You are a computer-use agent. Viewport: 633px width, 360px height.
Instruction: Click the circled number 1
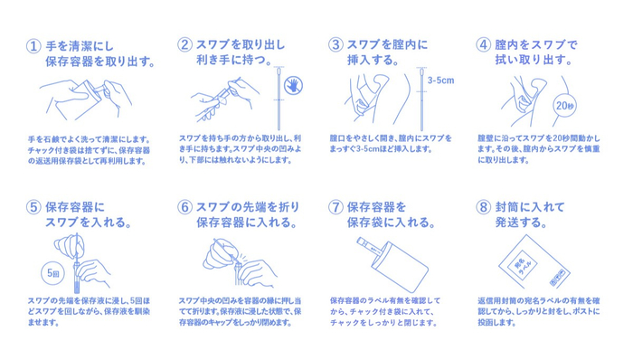click(x=33, y=45)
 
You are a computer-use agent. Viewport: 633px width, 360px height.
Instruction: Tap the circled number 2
click(x=184, y=44)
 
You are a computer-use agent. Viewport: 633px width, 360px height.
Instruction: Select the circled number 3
click(x=335, y=44)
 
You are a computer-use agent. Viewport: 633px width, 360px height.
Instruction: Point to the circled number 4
click(x=483, y=44)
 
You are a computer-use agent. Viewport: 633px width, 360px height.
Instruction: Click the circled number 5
click(x=33, y=207)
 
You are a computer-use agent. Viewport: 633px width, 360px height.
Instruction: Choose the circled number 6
click(x=184, y=207)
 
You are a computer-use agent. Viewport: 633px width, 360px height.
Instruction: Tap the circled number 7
click(x=335, y=207)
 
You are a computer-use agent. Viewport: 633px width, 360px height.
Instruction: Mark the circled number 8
click(x=483, y=207)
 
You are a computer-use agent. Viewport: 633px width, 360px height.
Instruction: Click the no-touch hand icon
click(x=294, y=85)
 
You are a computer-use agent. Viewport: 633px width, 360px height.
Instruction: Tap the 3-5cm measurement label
click(x=441, y=81)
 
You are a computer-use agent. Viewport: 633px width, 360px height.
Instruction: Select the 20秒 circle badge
click(x=564, y=106)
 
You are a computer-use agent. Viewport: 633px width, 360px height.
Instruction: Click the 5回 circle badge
click(x=53, y=273)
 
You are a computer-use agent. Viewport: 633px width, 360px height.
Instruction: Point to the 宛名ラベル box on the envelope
click(x=522, y=265)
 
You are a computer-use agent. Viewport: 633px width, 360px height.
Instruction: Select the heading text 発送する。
click(x=521, y=223)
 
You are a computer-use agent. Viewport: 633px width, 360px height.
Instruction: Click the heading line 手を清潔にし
click(x=80, y=46)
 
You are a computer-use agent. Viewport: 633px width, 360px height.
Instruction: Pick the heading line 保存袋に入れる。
click(x=391, y=223)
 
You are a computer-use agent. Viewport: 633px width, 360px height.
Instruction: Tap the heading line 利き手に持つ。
click(x=234, y=60)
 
